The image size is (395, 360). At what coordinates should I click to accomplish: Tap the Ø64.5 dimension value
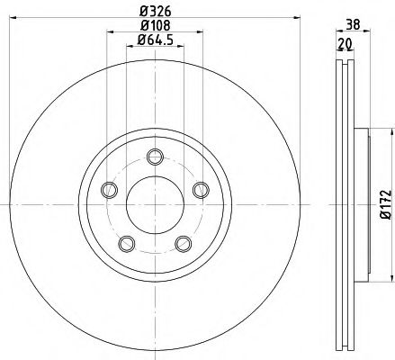tap(154, 42)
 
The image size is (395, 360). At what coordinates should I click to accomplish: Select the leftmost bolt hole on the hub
tap(110, 189)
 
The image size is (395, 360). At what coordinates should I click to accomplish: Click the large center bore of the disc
tap(154, 202)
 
